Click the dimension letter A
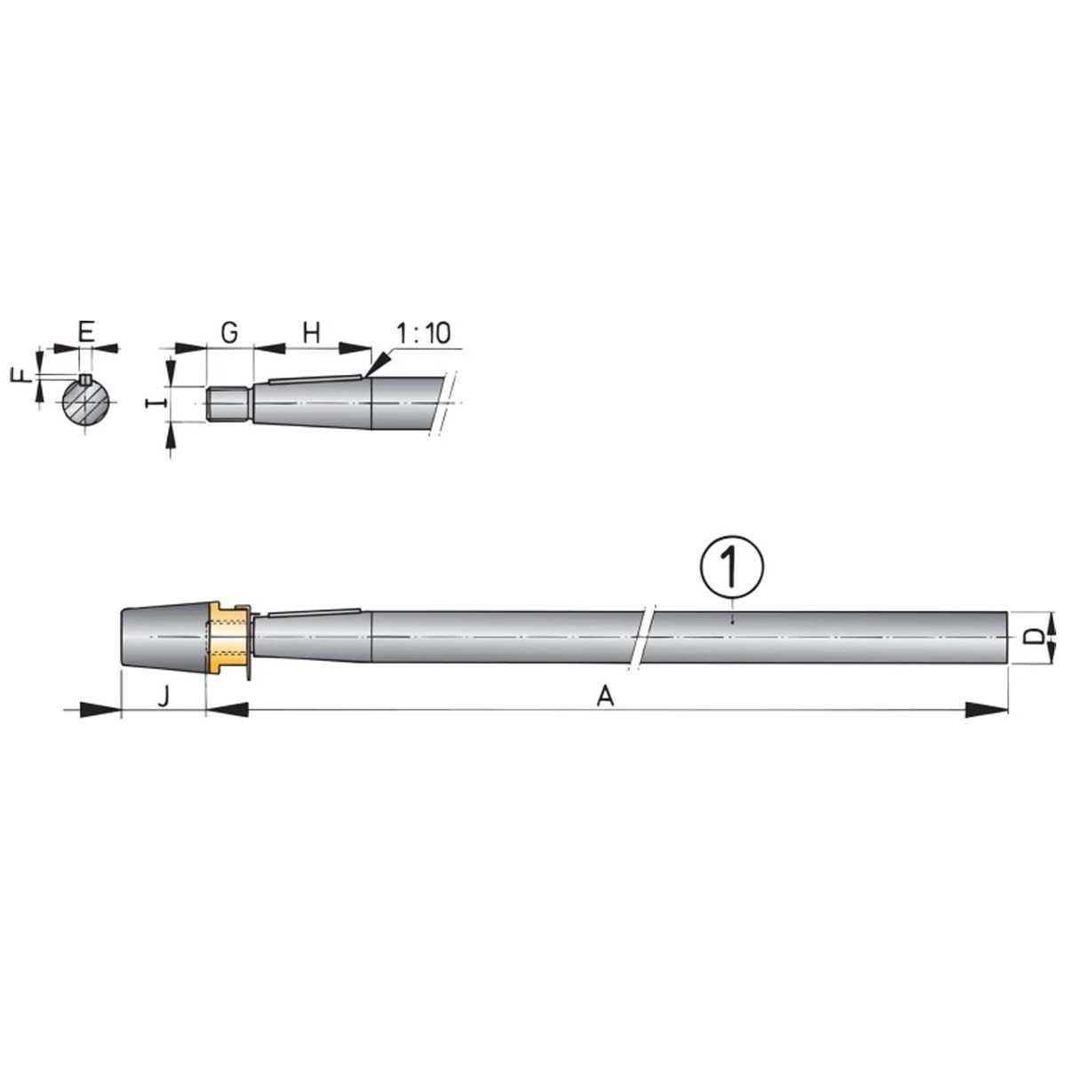pos(605,697)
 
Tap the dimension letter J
pos(163,697)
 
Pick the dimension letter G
pos(229,332)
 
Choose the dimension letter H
pos(311,332)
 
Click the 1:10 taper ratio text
pos(423,334)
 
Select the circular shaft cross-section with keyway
pos(85,404)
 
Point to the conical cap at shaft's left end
pos(164,638)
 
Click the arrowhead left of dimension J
pos(98,709)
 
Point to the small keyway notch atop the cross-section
pos(85,380)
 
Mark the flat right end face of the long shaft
pos(1007,638)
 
